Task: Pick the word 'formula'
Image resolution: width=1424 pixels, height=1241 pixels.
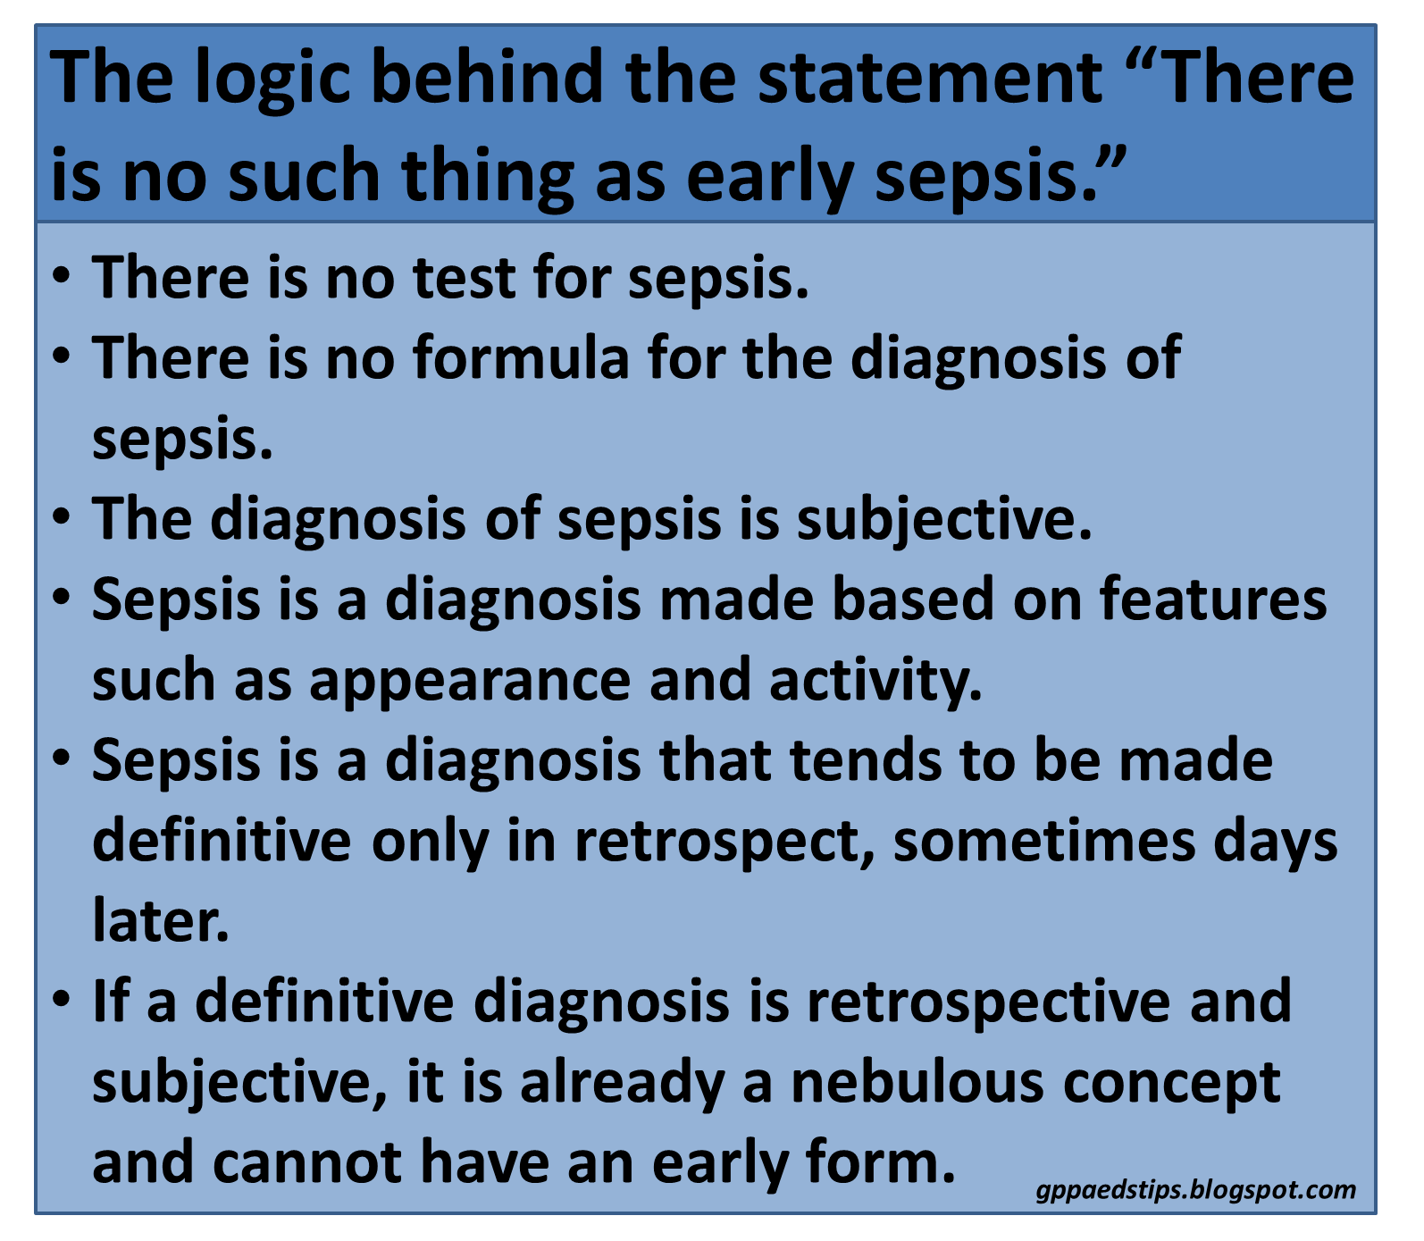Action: (x=522, y=357)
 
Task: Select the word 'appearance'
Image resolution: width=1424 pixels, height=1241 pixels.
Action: (x=471, y=681)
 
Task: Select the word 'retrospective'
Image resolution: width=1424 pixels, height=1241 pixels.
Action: (x=987, y=1002)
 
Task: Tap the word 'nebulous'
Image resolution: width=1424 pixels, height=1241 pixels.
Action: (x=917, y=1082)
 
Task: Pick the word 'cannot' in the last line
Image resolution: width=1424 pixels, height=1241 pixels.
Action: (x=307, y=1162)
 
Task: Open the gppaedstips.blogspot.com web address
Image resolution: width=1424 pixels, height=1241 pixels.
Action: (x=1196, y=1190)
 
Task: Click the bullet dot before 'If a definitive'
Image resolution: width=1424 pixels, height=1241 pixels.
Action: (x=61, y=998)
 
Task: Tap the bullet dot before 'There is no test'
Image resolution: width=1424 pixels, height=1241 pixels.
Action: (x=61, y=274)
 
